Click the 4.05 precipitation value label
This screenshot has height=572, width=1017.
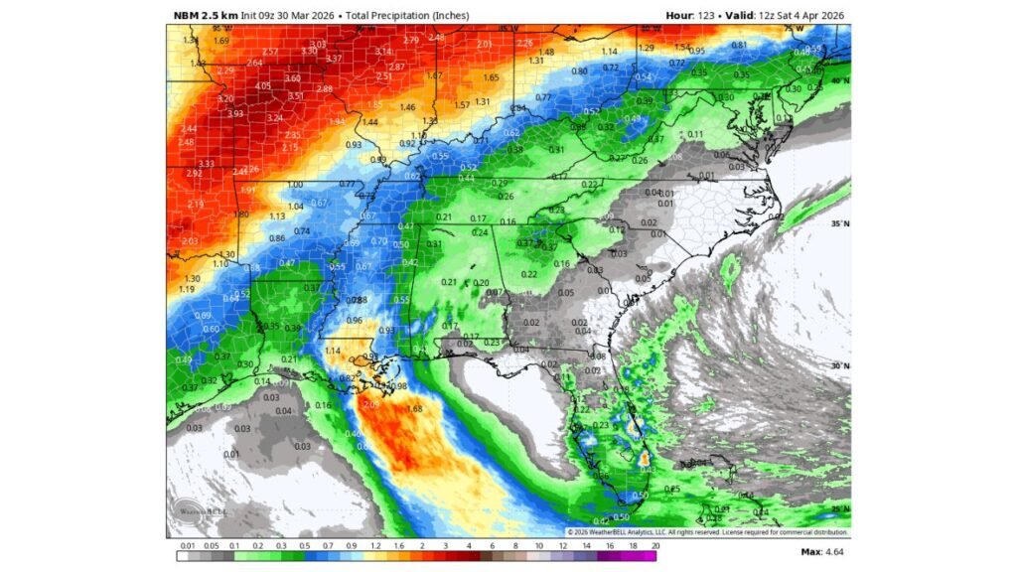(x=262, y=86)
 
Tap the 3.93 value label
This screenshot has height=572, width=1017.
(x=234, y=113)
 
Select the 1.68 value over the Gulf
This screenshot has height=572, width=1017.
(x=415, y=409)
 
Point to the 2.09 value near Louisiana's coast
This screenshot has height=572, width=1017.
(x=371, y=405)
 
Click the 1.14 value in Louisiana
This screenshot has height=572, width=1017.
(x=333, y=351)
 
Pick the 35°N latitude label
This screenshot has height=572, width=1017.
(x=840, y=224)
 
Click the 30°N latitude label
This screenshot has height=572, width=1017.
(x=840, y=366)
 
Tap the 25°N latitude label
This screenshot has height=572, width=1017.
(x=840, y=508)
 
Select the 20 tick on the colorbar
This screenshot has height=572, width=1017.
(x=655, y=546)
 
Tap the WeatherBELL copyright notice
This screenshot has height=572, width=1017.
(x=707, y=532)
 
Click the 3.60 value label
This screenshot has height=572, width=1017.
(x=292, y=78)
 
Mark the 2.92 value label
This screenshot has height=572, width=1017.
(x=195, y=173)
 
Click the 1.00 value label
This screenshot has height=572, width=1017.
(x=295, y=185)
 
